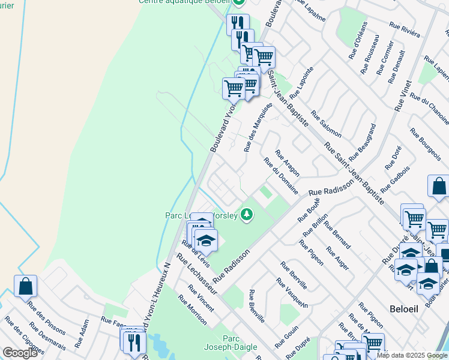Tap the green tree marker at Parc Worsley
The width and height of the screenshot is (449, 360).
[246, 214]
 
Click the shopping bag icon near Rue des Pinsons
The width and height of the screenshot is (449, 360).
[26, 286]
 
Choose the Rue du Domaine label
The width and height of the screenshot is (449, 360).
[281, 176]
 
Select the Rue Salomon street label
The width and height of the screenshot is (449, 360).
[327, 125]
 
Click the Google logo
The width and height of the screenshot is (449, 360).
[20, 353]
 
